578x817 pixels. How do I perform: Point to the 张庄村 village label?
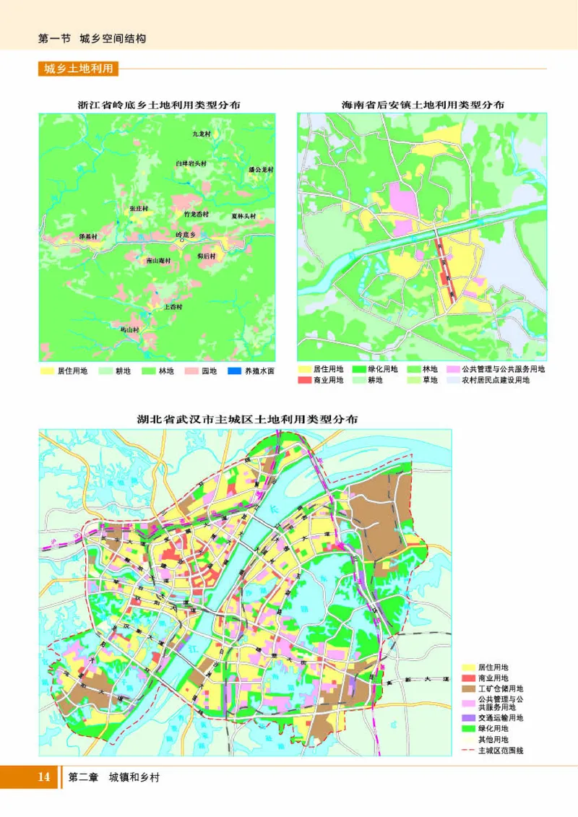click(x=138, y=208)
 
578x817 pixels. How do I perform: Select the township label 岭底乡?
click(x=186, y=235)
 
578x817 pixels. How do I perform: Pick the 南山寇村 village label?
click(x=158, y=260)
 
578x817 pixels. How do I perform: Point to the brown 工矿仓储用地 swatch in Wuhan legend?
click(x=469, y=689)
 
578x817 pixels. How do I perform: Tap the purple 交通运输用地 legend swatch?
click(x=469, y=718)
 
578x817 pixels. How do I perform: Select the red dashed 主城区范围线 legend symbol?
click(x=469, y=751)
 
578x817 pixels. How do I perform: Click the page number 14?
click(x=43, y=777)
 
